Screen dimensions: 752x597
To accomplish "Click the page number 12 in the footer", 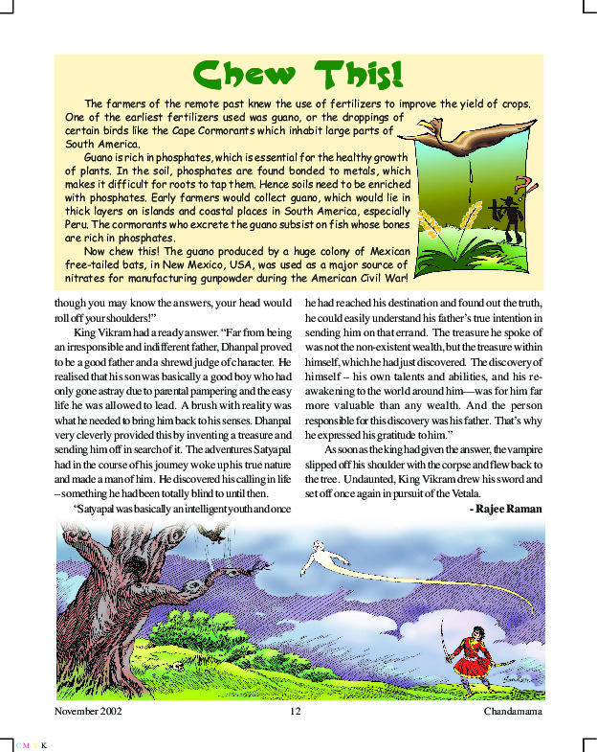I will [x=295, y=712].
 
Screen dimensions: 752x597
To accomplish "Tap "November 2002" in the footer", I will [x=89, y=712].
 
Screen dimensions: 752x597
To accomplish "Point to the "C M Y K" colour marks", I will [x=31, y=742].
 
